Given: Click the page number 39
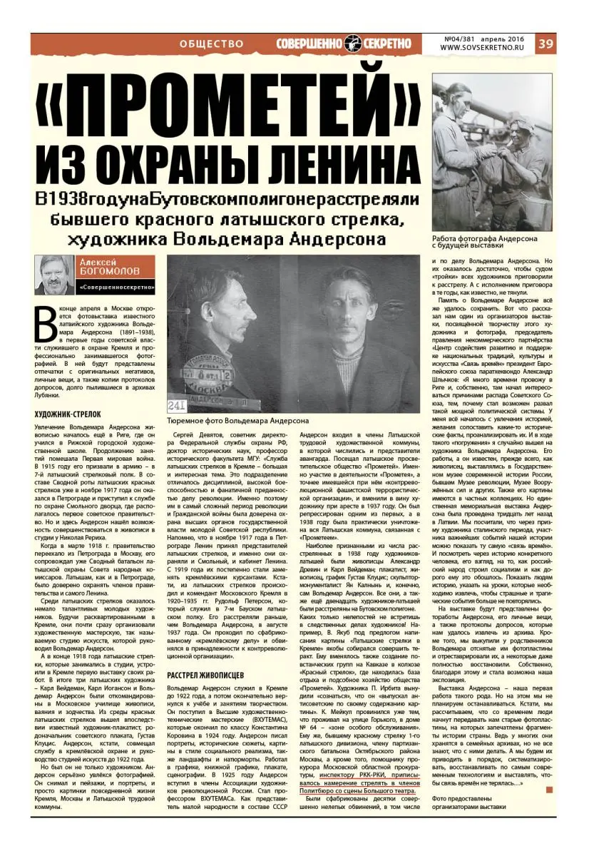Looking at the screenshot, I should (x=546, y=44).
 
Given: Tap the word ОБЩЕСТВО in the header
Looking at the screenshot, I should (x=212, y=44).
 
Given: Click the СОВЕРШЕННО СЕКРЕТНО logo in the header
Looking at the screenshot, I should (x=344, y=44).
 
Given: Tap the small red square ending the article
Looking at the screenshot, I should (x=549, y=789).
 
